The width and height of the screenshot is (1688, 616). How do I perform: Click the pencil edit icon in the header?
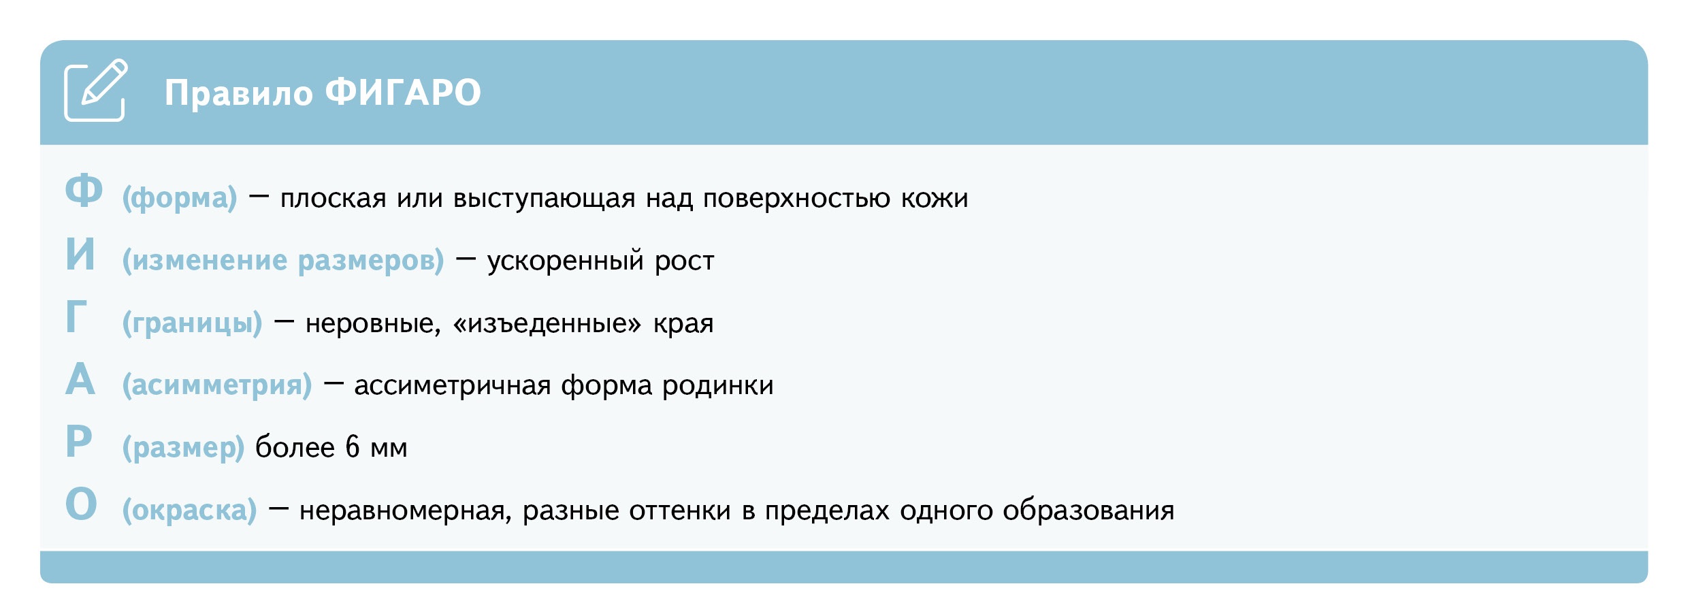tap(95, 91)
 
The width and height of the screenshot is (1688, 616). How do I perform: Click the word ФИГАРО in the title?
tap(403, 93)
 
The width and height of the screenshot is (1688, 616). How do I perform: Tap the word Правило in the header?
tap(238, 93)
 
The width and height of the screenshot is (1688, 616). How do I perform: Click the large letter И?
tap(80, 255)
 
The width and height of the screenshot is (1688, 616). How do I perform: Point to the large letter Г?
tap(76, 317)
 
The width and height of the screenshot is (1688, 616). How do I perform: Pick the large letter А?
tap(80, 379)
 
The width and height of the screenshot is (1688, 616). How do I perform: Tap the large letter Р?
tap(79, 442)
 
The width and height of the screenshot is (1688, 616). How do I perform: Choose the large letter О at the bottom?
tap(81, 504)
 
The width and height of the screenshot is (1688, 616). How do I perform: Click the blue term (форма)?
tap(180, 198)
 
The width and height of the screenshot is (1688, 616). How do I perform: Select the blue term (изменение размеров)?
tap(283, 261)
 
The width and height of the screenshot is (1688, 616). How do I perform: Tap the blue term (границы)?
tap(192, 323)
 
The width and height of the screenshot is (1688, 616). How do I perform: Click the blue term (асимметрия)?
tap(217, 385)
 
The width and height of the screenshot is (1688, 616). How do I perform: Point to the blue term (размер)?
tap(183, 448)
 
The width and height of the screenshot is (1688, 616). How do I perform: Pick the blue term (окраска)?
tap(189, 510)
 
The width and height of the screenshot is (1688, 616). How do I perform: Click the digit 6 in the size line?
tap(352, 447)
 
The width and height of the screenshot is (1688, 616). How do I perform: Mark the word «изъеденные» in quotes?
tap(547, 323)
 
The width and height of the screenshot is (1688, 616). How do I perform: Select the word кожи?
tap(935, 198)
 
